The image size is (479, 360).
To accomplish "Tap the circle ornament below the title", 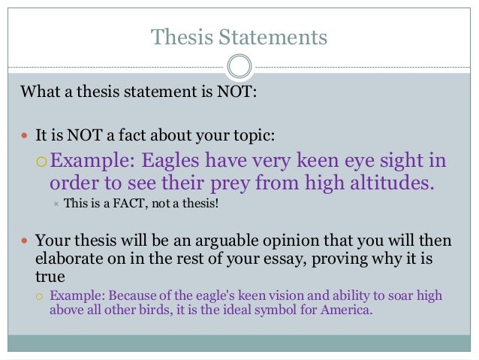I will coord(239,67).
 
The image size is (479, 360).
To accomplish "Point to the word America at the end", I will coord(348,310).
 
